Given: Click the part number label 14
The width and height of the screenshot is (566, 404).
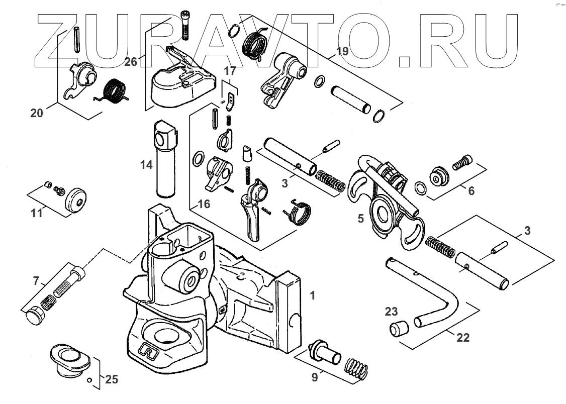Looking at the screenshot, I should [146, 164].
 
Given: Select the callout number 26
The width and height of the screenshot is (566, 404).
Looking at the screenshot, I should [131, 62].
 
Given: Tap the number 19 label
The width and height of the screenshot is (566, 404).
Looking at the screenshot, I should [342, 51].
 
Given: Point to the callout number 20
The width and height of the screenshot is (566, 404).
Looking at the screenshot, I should [37, 113].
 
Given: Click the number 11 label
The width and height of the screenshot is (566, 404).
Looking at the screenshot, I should [36, 213].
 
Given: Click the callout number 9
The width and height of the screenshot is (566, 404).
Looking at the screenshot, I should [315, 377].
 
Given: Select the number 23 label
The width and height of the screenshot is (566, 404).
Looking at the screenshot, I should [392, 311].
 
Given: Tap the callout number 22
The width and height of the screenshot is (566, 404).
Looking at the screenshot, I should [462, 338].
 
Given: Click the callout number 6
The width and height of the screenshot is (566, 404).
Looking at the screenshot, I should [470, 191].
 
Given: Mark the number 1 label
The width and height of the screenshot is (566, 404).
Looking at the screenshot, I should [313, 295].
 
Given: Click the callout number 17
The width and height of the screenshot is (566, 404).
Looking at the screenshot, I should [230, 71].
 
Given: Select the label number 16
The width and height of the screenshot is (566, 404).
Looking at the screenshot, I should [204, 204].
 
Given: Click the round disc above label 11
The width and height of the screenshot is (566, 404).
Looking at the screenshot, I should [77, 199].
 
